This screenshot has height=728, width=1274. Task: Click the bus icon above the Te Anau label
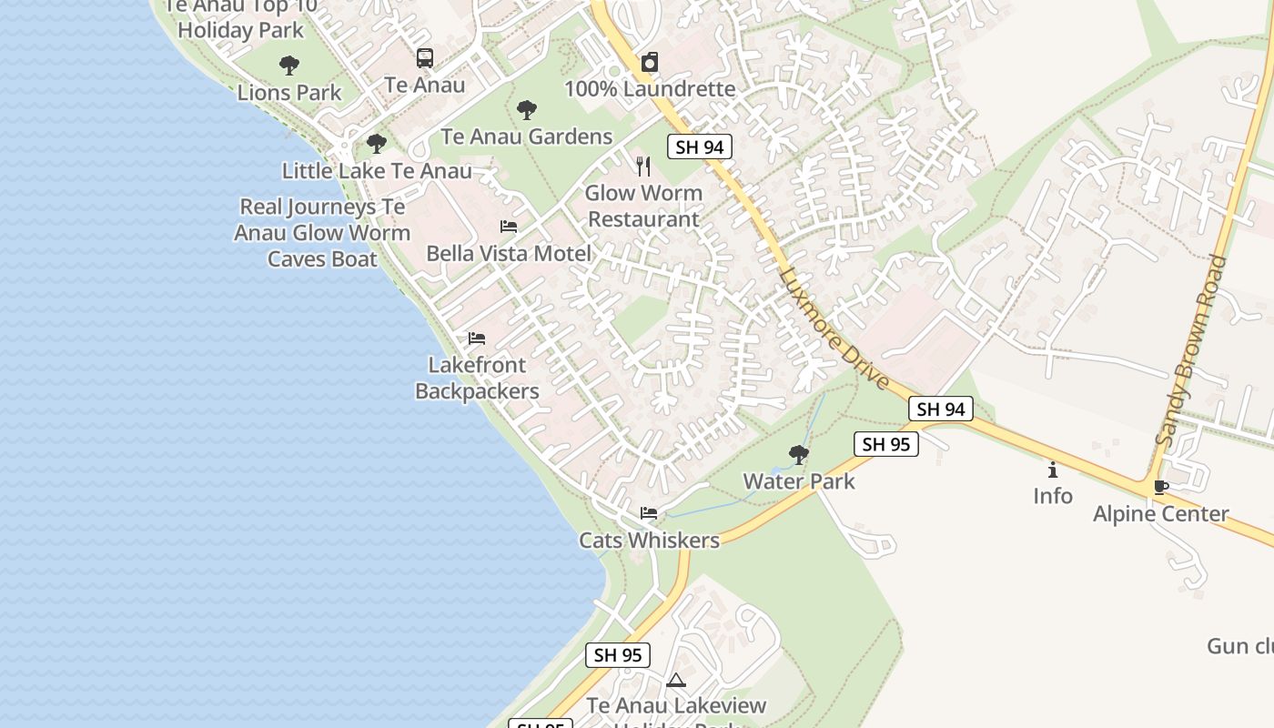pyautogui.click(x=425, y=58)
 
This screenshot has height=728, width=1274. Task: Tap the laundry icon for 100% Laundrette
pyautogui.click(x=649, y=63)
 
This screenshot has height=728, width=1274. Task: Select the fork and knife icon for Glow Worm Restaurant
pyautogui.click(x=643, y=167)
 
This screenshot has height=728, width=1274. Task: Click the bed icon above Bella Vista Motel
pyautogui.click(x=509, y=227)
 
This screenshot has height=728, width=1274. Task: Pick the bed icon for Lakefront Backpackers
pyautogui.click(x=477, y=339)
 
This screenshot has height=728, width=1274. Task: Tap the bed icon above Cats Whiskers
pyautogui.click(x=649, y=513)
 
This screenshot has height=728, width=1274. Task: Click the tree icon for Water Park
pyautogui.click(x=799, y=454)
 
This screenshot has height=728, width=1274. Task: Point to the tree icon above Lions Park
pyautogui.click(x=289, y=66)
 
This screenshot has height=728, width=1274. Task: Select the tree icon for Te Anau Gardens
pyautogui.click(x=526, y=111)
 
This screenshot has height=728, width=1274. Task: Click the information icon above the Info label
pyautogui.click(x=1053, y=470)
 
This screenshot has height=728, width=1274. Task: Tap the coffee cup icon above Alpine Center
pyautogui.click(x=1160, y=487)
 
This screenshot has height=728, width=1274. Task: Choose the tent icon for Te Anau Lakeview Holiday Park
pyautogui.click(x=675, y=680)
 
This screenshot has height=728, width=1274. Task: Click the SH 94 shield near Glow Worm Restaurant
pyautogui.click(x=700, y=147)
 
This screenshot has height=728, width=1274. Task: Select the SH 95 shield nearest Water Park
pyautogui.click(x=885, y=444)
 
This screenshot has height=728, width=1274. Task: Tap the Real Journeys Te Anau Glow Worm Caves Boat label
pyautogui.click(x=321, y=233)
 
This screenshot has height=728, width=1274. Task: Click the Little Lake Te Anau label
pyautogui.click(x=377, y=170)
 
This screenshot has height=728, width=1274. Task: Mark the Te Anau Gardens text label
pyautogui.click(x=527, y=136)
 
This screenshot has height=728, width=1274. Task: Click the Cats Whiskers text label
pyautogui.click(x=650, y=540)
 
